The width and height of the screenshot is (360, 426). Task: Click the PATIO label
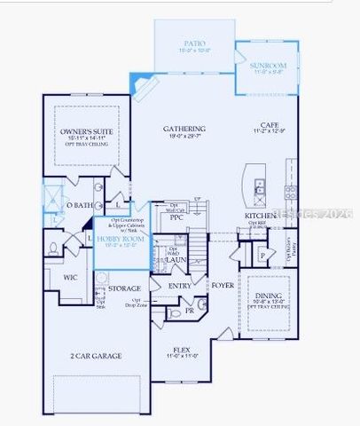[194, 42]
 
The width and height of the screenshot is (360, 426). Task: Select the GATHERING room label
[184, 129]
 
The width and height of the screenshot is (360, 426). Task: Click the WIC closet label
[70, 277]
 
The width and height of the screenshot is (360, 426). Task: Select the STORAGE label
[124, 289]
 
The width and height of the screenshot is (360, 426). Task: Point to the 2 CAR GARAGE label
[98, 356]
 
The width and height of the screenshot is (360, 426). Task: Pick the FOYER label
[221, 286]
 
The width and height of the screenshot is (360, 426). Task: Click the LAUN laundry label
[176, 260]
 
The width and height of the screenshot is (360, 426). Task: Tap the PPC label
[177, 217]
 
